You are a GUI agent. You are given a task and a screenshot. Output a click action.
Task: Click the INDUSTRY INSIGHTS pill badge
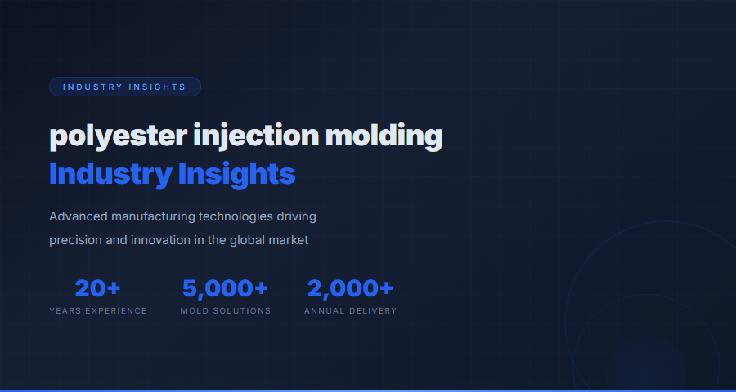point(124,87)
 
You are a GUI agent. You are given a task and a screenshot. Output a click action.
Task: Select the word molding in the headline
point(384,135)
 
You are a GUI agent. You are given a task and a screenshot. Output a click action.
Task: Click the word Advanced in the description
point(79,216)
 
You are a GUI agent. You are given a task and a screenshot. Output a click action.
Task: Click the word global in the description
point(252,241)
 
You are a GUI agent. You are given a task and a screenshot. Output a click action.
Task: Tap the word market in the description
point(291,241)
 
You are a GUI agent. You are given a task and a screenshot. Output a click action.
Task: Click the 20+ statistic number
point(98,288)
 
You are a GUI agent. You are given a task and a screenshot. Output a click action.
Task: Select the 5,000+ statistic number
point(226,288)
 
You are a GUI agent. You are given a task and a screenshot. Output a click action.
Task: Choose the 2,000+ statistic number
point(350,288)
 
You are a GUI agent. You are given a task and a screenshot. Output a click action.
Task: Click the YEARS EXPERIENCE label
point(98,311)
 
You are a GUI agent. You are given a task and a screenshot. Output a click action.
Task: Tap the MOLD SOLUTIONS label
point(226,311)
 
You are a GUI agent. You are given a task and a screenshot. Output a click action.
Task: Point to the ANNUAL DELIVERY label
point(350,311)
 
